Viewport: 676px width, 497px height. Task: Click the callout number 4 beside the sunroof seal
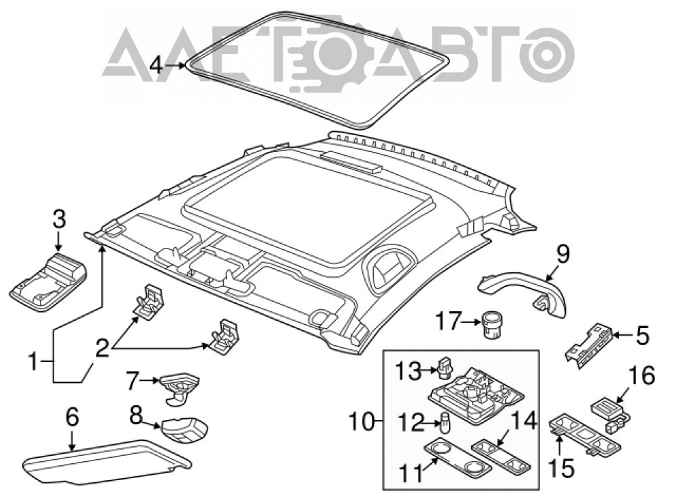click(157, 66)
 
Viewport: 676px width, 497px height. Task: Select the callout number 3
click(59, 219)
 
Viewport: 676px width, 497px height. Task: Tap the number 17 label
click(448, 321)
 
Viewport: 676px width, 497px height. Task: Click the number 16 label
click(642, 375)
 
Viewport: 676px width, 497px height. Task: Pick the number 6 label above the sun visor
click(72, 417)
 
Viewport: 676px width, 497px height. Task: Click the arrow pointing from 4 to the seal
click(175, 66)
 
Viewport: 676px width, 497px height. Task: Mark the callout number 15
click(561, 467)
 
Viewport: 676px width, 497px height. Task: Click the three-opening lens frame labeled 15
click(586, 436)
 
